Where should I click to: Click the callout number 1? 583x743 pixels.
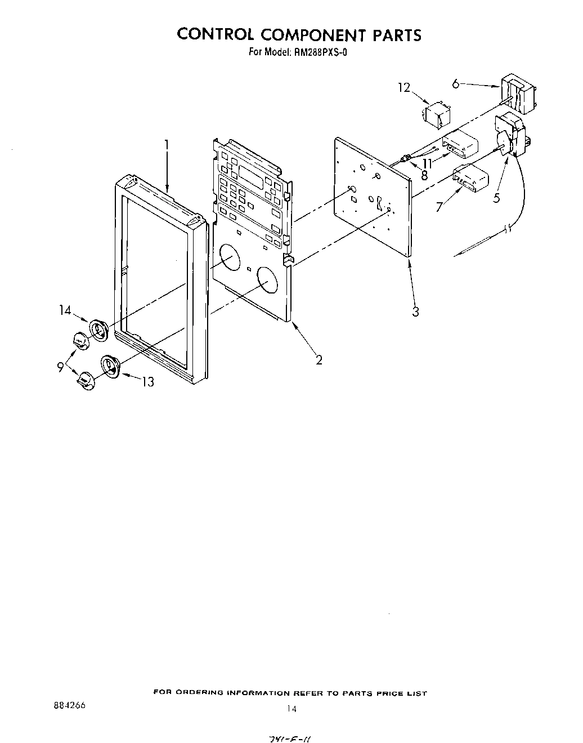point(167,145)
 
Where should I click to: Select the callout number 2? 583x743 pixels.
point(319,359)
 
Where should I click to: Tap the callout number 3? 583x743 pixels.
point(415,312)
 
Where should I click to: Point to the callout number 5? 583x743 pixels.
point(497,198)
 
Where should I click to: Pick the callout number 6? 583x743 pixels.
point(456,84)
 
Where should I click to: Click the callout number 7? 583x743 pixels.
point(440,207)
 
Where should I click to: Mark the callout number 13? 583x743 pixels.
point(147,382)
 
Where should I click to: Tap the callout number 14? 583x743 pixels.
point(64,309)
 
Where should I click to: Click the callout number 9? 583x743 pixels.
point(60,367)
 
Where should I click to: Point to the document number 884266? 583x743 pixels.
point(67,705)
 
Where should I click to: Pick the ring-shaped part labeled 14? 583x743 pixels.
point(99,330)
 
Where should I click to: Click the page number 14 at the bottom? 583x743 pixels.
point(290,709)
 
